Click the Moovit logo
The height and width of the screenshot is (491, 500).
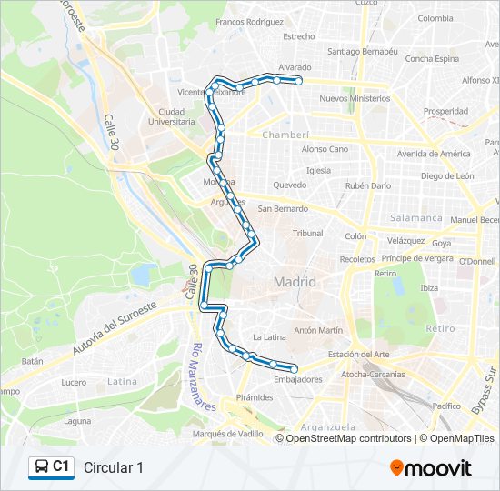[431, 467]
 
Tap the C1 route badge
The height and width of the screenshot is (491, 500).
[51, 466]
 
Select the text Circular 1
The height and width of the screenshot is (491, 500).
[114, 467]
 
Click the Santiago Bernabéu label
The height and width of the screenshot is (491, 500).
[363, 52]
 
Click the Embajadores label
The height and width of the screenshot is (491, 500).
[296, 378]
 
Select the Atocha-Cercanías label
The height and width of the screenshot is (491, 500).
[373, 374]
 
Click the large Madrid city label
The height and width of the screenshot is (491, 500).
[295, 282]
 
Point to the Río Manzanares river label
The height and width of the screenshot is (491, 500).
[202, 376]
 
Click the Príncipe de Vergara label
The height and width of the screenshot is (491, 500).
[417, 258]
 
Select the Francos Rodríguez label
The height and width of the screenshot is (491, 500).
[250, 21]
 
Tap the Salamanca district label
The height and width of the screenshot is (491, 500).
[415, 218]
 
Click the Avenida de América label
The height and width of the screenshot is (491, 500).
[434, 153]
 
